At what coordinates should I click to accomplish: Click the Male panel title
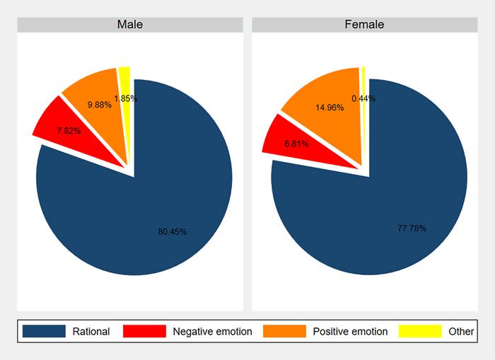pyautogui.click(x=129, y=24)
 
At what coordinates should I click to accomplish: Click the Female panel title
pyautogui.click(x=364, y=24)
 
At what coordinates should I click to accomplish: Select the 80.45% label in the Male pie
pyautogui.click(x=173, y=232)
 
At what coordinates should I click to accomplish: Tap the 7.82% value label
pyautogui.click(x=69, y=131)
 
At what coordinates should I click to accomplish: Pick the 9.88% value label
pyautogui.click(x=100, y=105)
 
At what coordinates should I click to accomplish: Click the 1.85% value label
pyautogui.click(x=125, y=98)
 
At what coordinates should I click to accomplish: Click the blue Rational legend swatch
pyautogui.click(x=44, y=331)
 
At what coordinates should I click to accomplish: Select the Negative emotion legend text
pyautogui.click(x=212, y=331)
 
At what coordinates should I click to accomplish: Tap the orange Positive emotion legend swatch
pyautogui.click(x=284, y=331)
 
